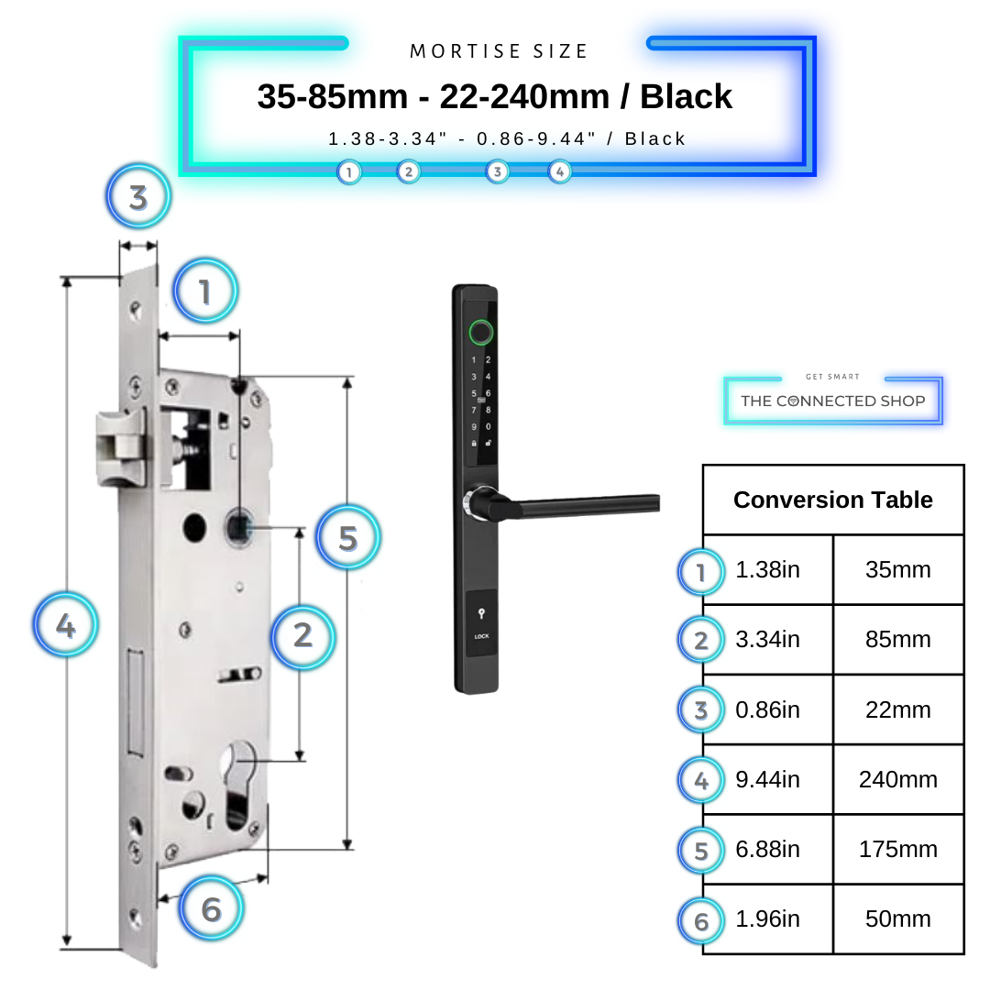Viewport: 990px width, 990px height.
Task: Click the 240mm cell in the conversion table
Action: [897, 780]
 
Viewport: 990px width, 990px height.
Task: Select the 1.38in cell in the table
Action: [768, 570]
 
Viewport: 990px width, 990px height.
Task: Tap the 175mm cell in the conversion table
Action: [897, 850]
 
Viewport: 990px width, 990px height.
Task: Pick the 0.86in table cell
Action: [768, 710]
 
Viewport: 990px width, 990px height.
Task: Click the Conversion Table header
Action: [832, 500]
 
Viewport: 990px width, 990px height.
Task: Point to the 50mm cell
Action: [897, 919]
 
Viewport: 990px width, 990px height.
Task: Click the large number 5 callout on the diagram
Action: [347, 538]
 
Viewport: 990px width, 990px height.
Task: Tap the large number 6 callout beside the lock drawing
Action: [211, 909]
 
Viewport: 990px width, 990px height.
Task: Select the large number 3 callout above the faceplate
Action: [138, 197]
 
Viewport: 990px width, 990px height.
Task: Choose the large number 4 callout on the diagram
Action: [65, 627]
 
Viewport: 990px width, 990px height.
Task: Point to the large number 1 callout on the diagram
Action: [204, 291]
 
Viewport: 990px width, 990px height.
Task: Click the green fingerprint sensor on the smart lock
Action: [479, 332]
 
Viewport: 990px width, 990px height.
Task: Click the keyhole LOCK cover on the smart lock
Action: [481, 623]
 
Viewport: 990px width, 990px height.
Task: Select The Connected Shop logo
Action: [832, 401]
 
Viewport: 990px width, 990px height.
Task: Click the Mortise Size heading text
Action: [499, 52]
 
